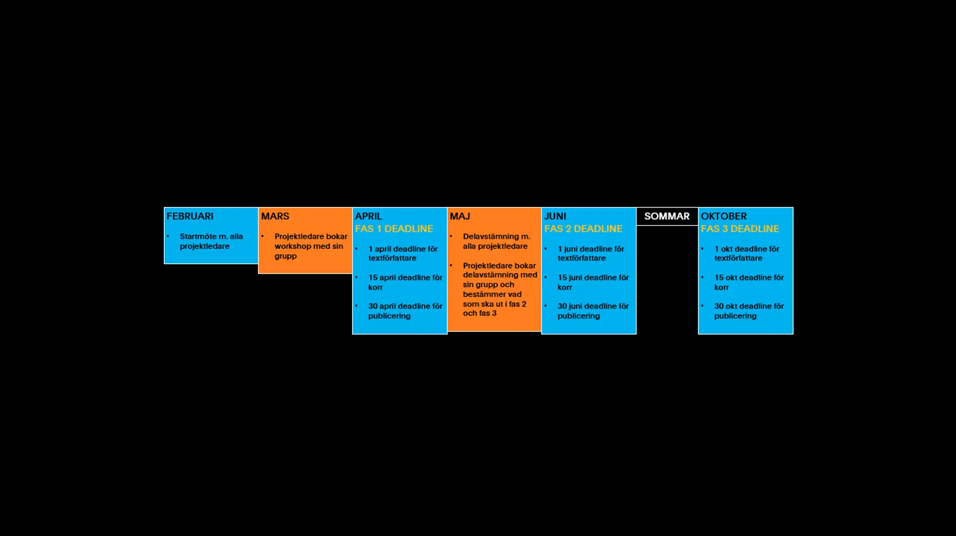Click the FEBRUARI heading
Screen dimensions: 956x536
coord(190,216)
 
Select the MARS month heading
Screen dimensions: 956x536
coord(275,216)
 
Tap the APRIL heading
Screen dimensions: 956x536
coord(368,216)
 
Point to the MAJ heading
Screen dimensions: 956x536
coord(460,216)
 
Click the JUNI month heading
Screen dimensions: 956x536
coord(555,216)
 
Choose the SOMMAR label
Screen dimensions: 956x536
coord(667,216)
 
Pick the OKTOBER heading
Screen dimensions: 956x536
coord(724,216)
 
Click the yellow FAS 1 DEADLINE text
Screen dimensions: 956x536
coord(394,229)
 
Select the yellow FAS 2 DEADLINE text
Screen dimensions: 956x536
coord(583,229)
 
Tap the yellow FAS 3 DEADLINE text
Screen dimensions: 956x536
coord(740,229)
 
